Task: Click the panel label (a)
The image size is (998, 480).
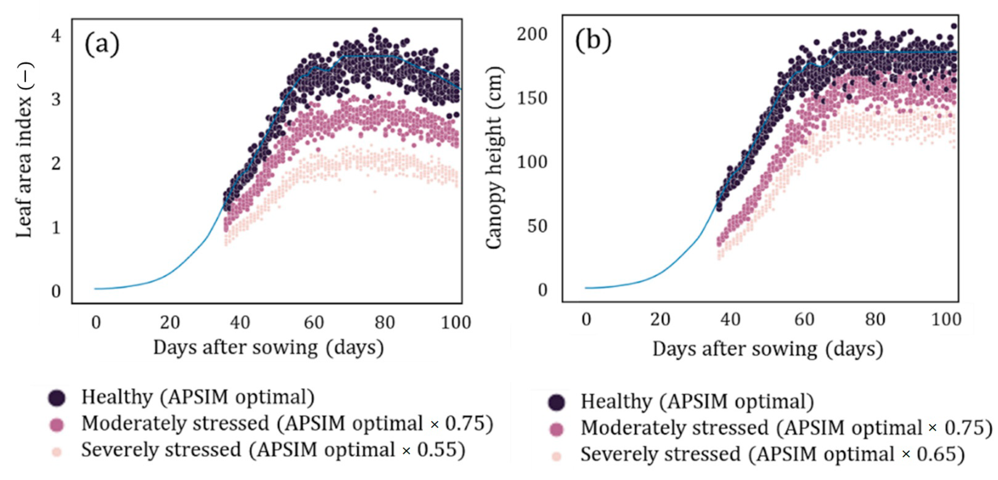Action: tap(102, 45)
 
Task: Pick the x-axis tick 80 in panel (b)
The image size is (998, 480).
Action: tap(875, 320)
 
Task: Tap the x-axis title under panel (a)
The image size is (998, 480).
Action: tap(269, 348)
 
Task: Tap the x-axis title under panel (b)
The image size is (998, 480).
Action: tap(768, 349)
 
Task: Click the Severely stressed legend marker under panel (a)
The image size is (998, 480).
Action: tap(57, 452)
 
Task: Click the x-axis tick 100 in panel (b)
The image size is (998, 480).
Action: tap(946, 320)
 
